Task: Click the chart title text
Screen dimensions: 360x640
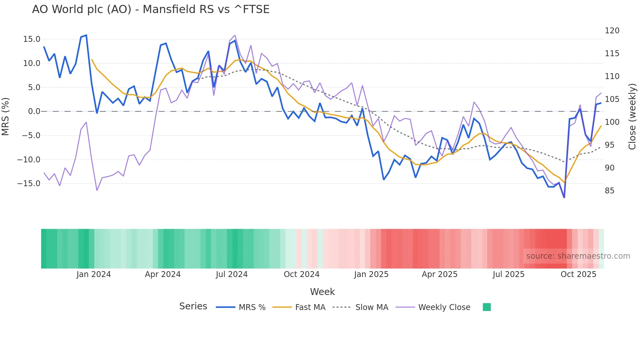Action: click(x=151, y=9)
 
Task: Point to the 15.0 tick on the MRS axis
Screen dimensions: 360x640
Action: click(x=32, y=39)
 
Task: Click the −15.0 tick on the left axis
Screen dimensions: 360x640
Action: click(x=29, y=184)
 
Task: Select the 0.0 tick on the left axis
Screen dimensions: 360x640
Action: click(x=34, y=111)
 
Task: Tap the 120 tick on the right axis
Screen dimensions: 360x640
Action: click(x=612, y=31)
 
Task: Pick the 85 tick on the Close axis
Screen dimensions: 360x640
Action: click(x=609, y=191)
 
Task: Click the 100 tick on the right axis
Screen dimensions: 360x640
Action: click(x=612, y=122)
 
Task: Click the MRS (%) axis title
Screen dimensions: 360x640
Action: click(x=6, y=116)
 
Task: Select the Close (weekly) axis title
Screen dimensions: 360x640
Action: click(x=632, y=117)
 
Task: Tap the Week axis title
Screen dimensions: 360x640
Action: click(x=322, y=292)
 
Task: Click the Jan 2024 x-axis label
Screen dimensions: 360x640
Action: click(x=94, y=274)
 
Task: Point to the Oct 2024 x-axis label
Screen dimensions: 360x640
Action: click(x=301, y=274)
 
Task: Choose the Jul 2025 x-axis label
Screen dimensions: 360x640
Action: click(x=508, y=274)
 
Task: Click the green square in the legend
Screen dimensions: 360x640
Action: click(x=487, y=307)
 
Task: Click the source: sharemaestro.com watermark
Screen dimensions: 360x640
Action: click(x=578, y=256)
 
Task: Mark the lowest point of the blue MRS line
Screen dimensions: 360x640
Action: click(x=564, y=198)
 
